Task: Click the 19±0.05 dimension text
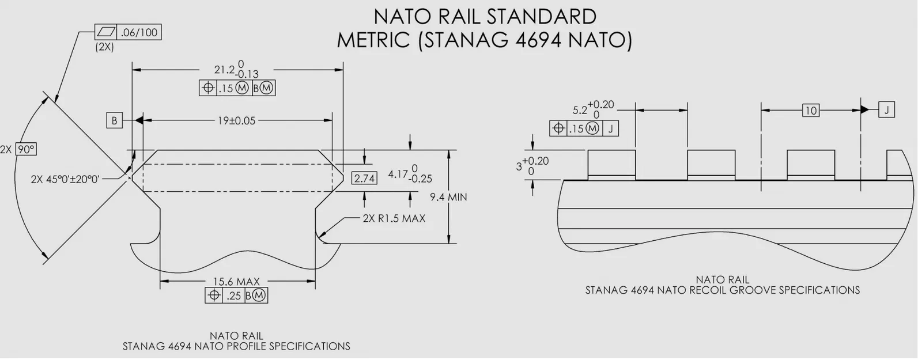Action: coord(236,121)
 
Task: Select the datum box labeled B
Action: coord(114,121)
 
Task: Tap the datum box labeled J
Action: coord(886,109)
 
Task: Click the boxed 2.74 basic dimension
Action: coord(364,179)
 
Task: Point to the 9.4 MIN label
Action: coord(448,198)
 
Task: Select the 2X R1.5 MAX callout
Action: coord(394,219)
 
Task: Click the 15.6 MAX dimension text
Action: coord(236,282)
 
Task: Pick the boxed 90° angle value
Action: coord(25,149)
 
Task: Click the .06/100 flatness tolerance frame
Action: coord(127,33)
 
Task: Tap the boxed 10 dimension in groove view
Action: coord(810,110)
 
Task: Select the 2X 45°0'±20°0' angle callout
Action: coord(65,179)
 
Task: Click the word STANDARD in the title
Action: coord(541,16)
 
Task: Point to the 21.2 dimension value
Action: coord(225,70)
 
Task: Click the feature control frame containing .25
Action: coord(236,296)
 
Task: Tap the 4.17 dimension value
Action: coord(398,173)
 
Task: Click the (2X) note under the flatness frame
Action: coord(104,48)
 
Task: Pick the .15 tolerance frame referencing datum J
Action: coord(584,129)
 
